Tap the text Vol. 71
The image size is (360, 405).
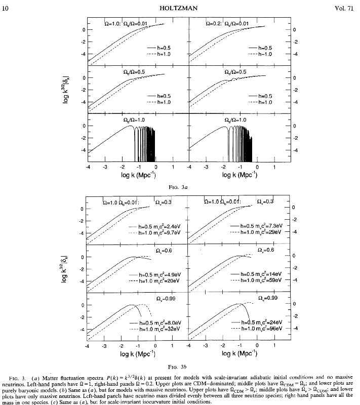344,6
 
